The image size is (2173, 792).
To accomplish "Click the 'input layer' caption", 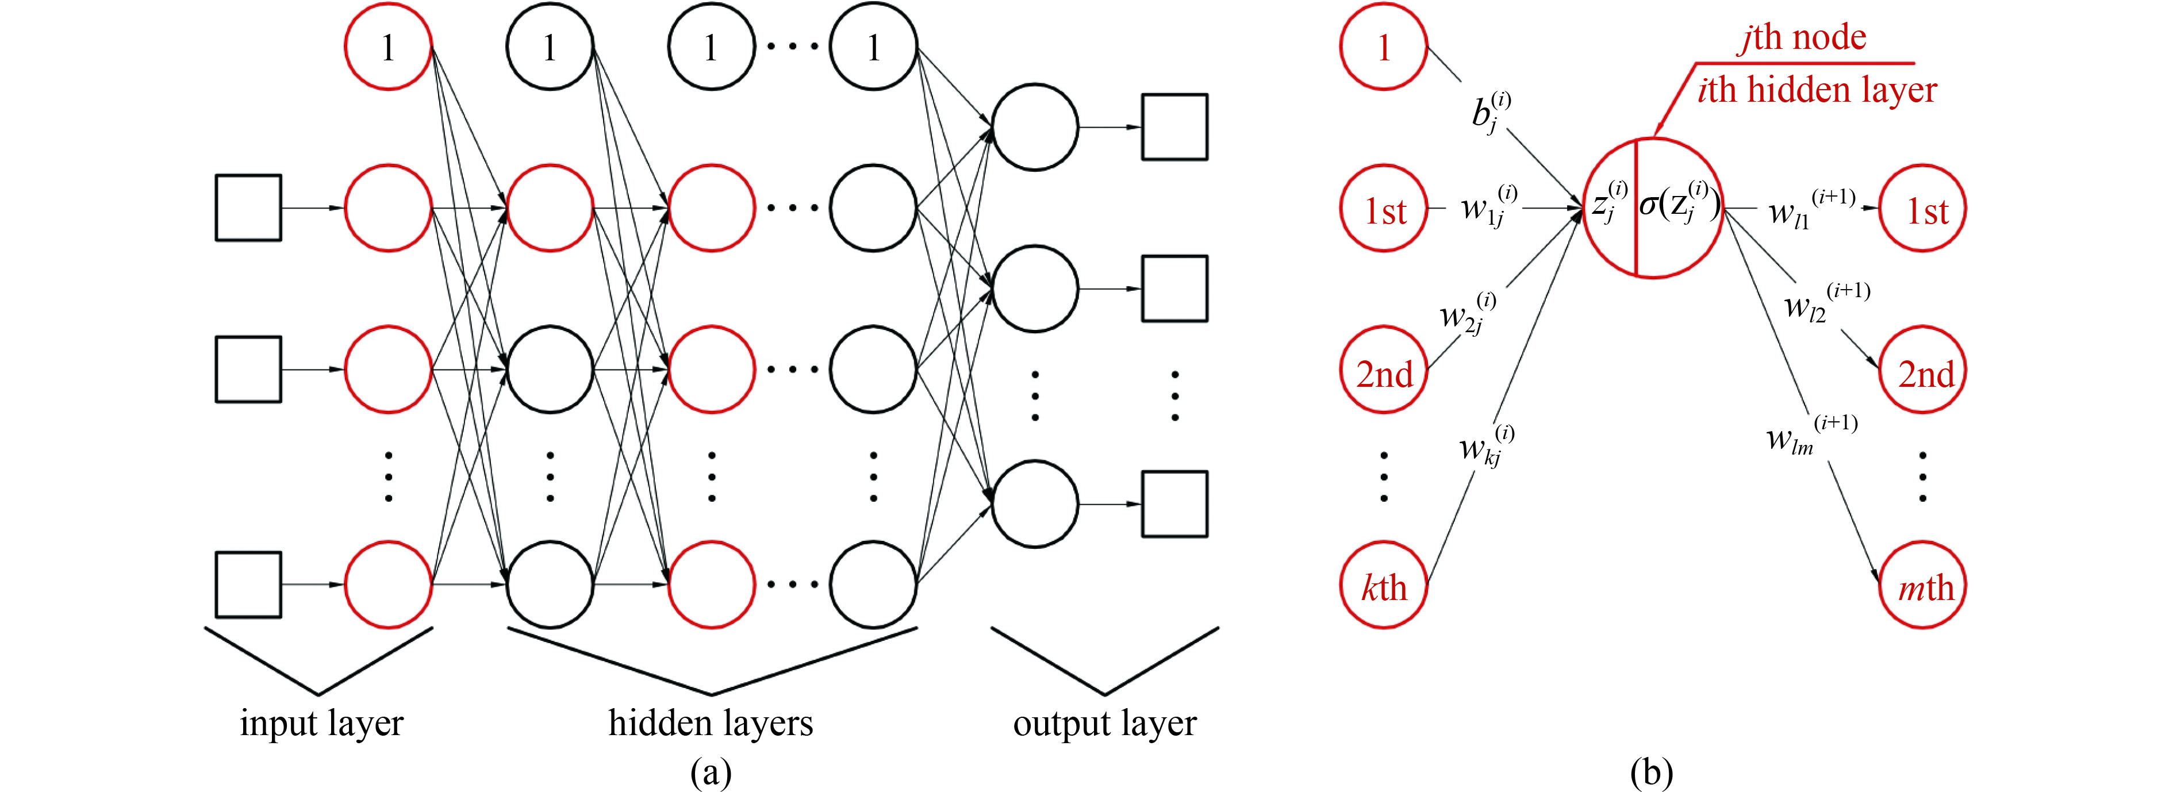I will tap(321, 724).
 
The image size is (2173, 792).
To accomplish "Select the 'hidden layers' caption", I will tap(711, 724).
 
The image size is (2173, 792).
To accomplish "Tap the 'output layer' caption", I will tap(1104, 724).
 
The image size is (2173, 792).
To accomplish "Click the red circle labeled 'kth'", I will tap(1384, 585).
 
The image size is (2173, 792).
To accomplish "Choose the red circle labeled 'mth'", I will tap(1922, 585).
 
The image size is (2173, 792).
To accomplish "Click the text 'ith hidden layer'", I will tap(1816, 90).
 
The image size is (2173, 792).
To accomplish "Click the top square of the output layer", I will tap(1174, 128).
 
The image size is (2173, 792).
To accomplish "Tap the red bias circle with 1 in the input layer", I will tap(388, 47).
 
